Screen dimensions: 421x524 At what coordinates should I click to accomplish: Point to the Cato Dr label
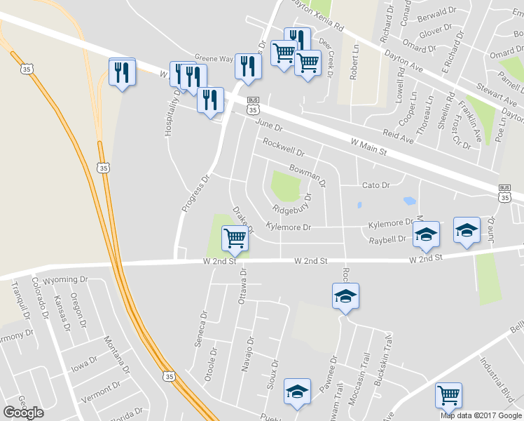click(375, 185)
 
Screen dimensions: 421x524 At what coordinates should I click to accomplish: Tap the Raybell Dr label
click(387, 239)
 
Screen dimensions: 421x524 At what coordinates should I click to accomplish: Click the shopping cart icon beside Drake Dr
click(235, 238)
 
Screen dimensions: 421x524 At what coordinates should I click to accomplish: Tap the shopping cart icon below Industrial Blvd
click(448, 396)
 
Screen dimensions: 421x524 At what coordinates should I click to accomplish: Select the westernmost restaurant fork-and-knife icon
click(123, 72)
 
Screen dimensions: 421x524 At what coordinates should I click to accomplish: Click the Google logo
click(23, 413)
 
